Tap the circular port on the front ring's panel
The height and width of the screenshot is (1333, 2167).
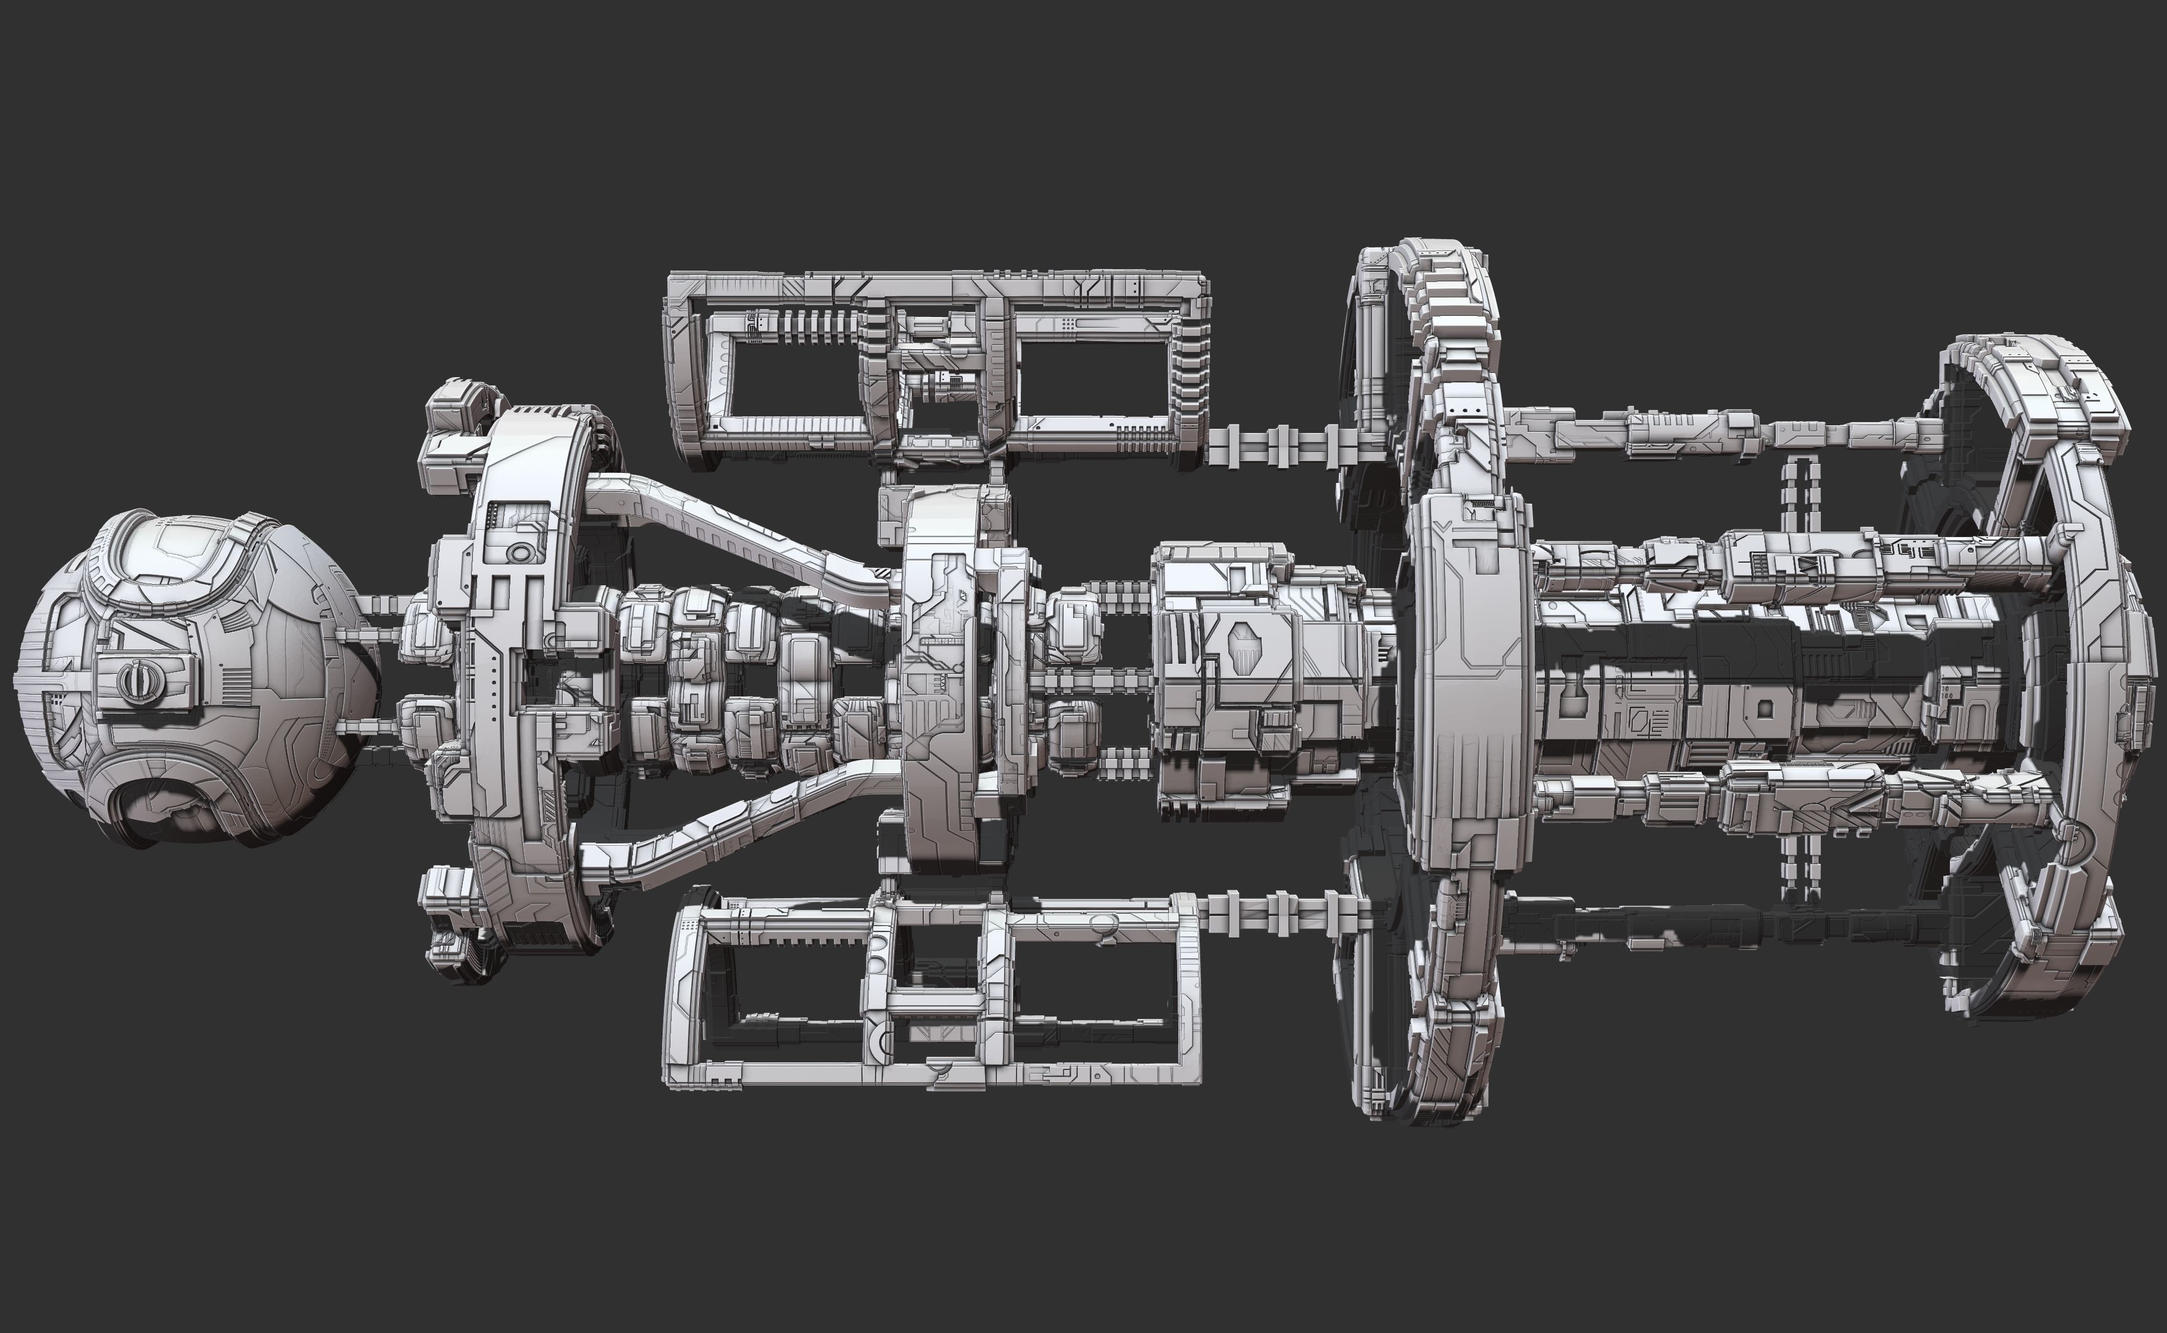[519, 553]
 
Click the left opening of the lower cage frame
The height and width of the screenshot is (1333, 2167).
[785, 987]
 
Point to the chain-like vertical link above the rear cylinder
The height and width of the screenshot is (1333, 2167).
[1798, 494]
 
